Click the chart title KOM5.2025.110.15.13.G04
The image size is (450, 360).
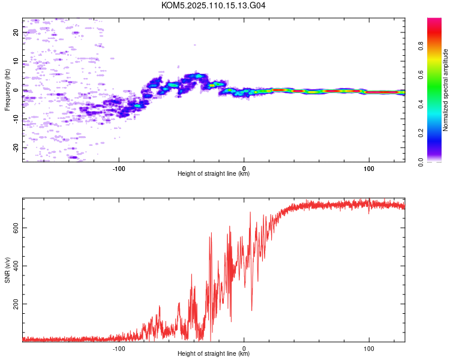[x=213, y=5]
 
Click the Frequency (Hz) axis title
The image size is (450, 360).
[x=7, y=90]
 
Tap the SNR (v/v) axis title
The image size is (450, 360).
[x=7, y=270]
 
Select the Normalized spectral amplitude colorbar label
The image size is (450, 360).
[x=445, y=90]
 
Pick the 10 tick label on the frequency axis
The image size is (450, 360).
[x=16, y=61]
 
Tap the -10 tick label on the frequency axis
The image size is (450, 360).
[x=16, y=119]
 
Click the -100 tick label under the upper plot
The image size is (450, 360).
[x=119, y=169]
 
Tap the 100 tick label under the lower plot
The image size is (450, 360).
[x=369, y=349]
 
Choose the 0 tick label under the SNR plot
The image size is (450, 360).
[x=244, y=349]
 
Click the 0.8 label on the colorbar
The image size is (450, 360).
[x=421, y=46]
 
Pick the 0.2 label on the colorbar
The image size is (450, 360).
[x=421, y=133]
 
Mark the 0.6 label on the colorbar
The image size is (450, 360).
[x=421, y=75]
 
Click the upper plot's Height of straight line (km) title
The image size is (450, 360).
[x=214, y=173]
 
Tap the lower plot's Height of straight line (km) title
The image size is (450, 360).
[x=214, y=353]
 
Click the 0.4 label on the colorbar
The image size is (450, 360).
[x=421, y=104]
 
